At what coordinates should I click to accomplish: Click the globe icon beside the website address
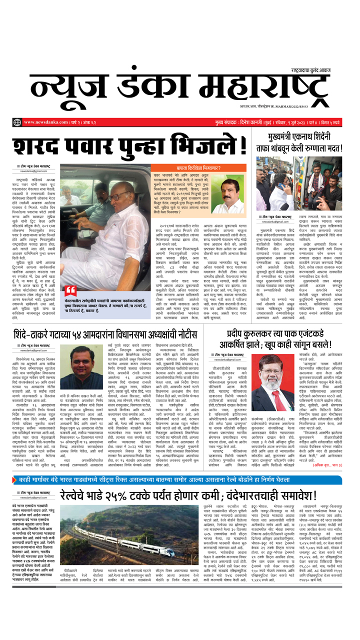(x=17, y=122)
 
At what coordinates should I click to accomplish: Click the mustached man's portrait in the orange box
(x=227, y=196)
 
